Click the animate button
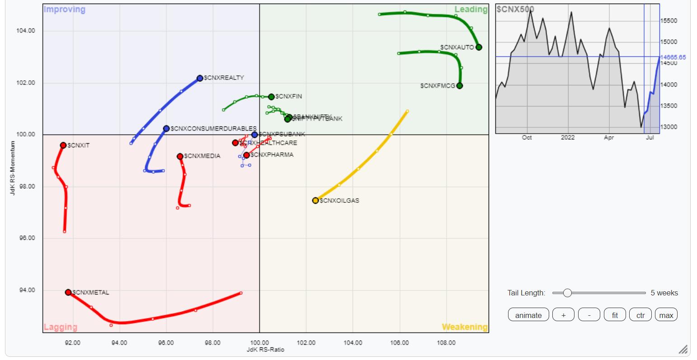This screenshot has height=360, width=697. tap(528, 315)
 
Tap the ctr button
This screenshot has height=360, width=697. tap(640, 315)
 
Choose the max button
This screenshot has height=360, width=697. tap(666, 315)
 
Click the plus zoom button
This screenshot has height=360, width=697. tap(563, 315)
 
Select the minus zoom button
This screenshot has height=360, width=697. tap(589, 315)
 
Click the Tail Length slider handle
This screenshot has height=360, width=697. tap(567, 293)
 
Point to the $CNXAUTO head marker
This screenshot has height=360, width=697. tap(479, 47)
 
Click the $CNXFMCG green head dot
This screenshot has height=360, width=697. tap(460, 86)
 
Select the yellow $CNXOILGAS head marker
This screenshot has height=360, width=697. tap(316, 201)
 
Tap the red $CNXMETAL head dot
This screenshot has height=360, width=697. tap(68, 292)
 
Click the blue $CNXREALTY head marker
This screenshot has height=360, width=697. tap(200, 78)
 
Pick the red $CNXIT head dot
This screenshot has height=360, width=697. tap(63, 145)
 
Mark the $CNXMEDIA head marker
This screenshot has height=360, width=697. tap(180, 156)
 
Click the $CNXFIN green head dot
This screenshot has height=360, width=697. tap(271, 97)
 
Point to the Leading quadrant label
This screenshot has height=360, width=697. tap(471, 9)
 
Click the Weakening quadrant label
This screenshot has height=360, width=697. tap(464, 327)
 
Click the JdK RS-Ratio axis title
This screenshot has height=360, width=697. tap(265, 350)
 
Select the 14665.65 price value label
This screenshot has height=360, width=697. tap(673, 57)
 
